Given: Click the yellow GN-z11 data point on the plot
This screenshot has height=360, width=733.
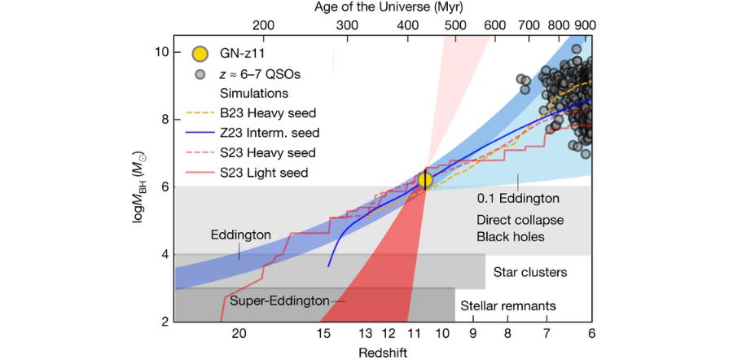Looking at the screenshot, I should point(424,180).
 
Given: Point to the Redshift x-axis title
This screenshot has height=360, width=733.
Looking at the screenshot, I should point(383,352).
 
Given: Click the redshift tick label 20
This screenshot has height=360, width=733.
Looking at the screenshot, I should point(239,333).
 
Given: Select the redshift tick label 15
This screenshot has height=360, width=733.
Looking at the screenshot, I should point(323,333).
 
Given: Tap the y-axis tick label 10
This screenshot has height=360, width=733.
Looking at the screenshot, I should point(161,52).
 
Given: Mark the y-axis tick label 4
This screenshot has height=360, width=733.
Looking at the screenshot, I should point(165,254).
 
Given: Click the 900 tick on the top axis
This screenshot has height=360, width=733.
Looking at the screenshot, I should point(583,25).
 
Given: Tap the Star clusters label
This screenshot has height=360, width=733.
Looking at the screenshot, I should point(529,271).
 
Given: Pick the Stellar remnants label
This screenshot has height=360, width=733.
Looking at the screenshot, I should point(520,306).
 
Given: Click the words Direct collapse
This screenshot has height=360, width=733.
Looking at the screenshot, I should point(520,220).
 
